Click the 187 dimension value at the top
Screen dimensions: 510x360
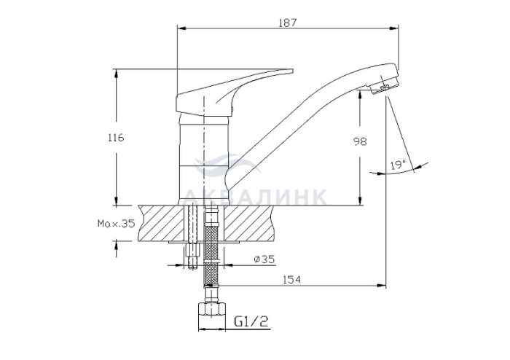coord(288,23)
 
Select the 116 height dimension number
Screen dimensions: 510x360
coord(116,138)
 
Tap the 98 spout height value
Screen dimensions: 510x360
coord(360,141)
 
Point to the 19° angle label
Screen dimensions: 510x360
coord(398,165)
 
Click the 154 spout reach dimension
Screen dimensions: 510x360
coord(291,280)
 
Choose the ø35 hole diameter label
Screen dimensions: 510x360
coord(264,259)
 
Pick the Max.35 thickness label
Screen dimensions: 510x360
coord(116,224)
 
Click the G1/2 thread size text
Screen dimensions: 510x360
coord(251,321)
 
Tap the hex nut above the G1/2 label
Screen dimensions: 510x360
coord(212,309)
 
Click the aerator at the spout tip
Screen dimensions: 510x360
coord(385,85)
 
